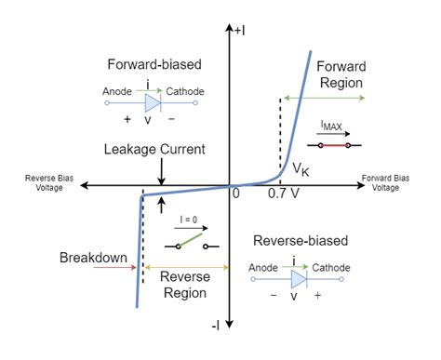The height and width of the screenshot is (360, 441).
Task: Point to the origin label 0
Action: pyautogui.click(x=235, y=194)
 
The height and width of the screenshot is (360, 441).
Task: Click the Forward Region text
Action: pyautogui.click(x=341, y=74)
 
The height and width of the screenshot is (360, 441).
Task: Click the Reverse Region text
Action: pyautogui.click(x=184, y=284)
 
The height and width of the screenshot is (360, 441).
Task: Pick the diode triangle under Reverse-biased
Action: pyautogui.click(x=300, y=278)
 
